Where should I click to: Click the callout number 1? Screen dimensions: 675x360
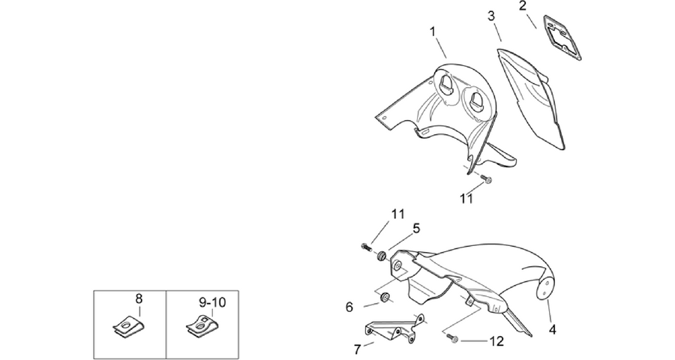[x=433, y=31]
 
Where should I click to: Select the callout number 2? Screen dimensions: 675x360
[x=523, y=6]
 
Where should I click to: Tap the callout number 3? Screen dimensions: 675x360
[x=491, y=16]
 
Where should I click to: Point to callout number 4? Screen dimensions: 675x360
[x=552, y=330]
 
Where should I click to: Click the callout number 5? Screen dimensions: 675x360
[x=415, y=228]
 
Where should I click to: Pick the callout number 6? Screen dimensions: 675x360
[x=349, y=307]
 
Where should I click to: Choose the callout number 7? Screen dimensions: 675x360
[x=357, y=349]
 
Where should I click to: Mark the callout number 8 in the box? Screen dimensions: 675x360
[x=139, y=298]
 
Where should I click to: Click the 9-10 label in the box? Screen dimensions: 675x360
[x=212, y=303]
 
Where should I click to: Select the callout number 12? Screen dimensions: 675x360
[x=496, y=341]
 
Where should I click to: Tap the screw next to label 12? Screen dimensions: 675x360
[x=451, y=338]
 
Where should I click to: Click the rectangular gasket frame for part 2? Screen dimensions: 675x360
[x=562, y=37]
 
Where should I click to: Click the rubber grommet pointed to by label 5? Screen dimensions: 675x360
[x=381, y=256]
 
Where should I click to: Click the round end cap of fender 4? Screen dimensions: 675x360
[x=544, y=289]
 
